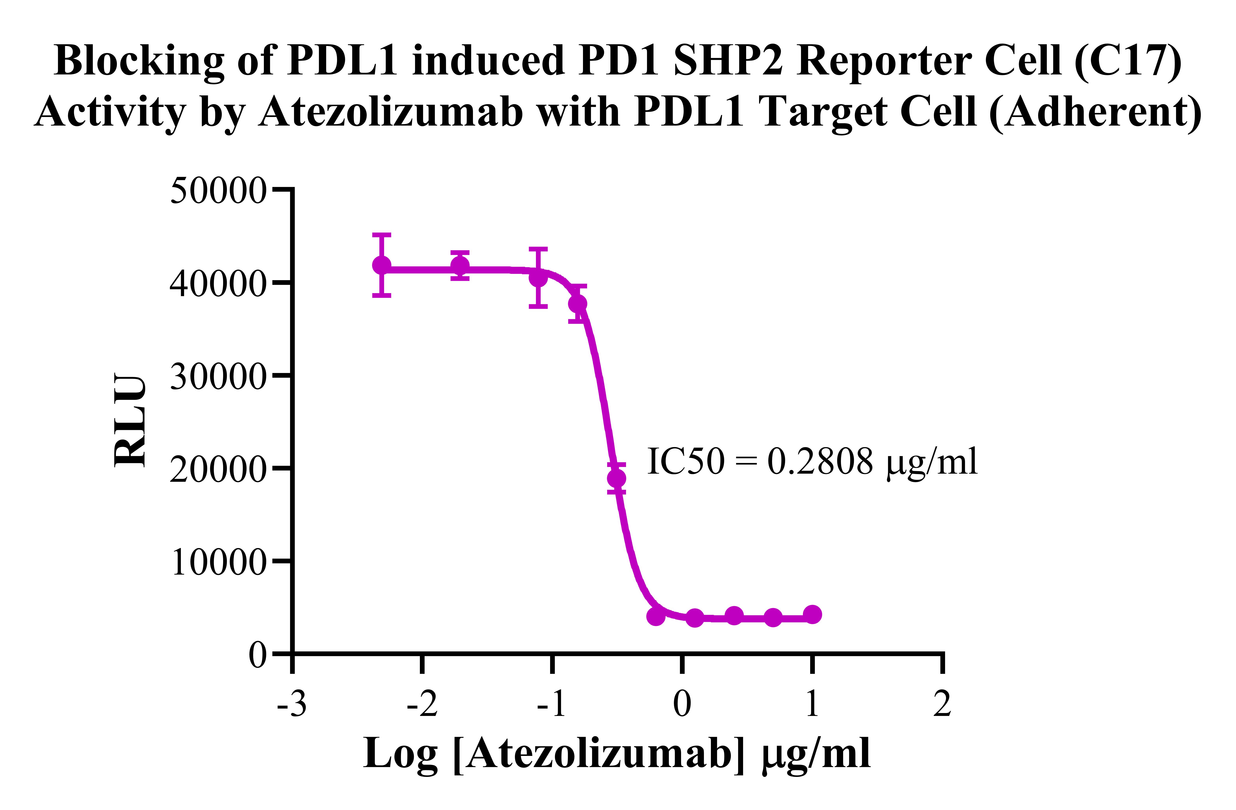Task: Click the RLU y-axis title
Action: pyautogui.click(x=130, y=421)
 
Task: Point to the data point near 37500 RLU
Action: pyautogui.click(x=577, y=304)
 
